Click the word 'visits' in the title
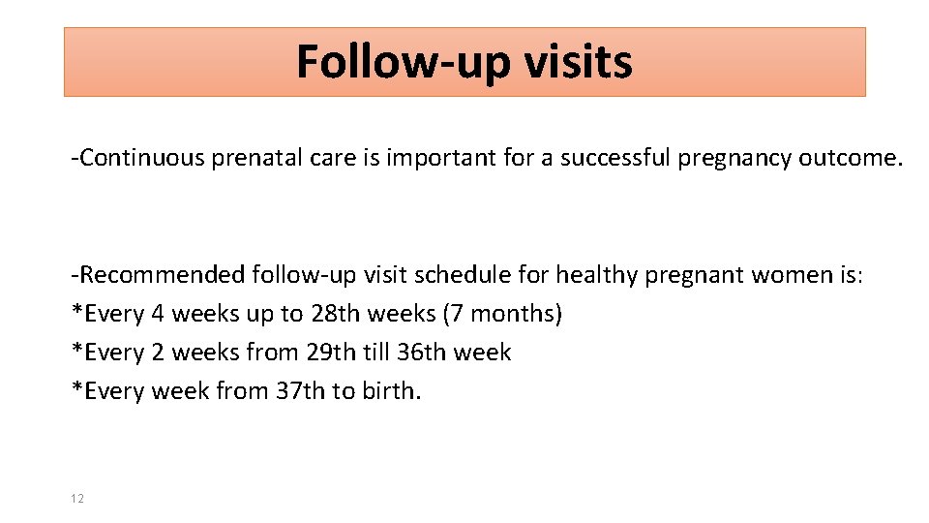578,62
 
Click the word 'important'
441,159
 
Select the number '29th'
330,353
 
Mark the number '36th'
429,353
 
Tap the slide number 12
77,498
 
